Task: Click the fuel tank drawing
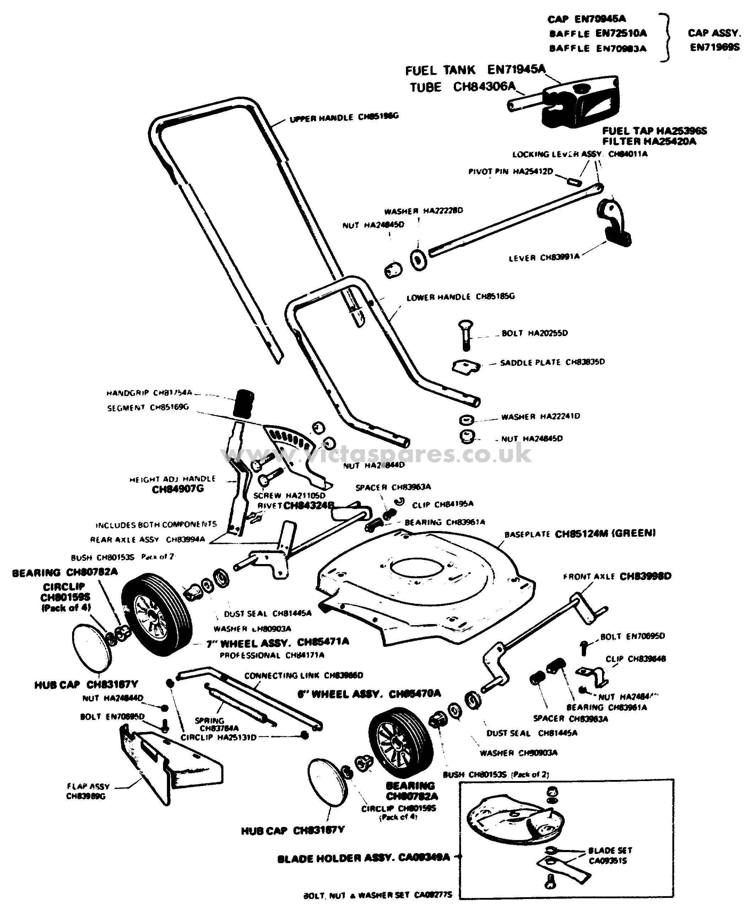[x=581, y=102]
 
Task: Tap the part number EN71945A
[x=516, y=69]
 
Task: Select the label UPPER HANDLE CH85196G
[x=343, y=118]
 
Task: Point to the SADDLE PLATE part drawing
[x=466, y=367]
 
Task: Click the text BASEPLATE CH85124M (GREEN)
[x=580, y=534]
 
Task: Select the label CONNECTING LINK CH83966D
[x=304, y=676]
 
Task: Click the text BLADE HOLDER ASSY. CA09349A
[x=363, y=857]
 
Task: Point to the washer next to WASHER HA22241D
[x=466, y=419]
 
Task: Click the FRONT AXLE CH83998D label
[x=617, y=576]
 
